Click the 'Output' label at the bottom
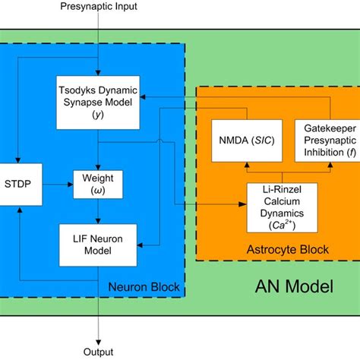pos(99,352)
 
